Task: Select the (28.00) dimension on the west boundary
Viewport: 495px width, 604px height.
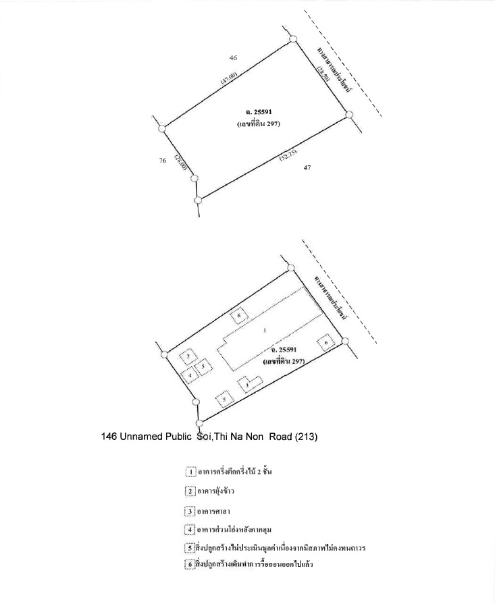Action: click(x=180, y=162)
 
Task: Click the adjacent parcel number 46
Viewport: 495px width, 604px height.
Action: click(x=233, y=58)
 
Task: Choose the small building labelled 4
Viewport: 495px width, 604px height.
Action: click(x=191, y=375)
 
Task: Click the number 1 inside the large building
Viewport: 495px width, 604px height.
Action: click(x=265, y=331)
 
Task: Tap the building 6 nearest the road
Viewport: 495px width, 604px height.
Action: click(x=326, y=344)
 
